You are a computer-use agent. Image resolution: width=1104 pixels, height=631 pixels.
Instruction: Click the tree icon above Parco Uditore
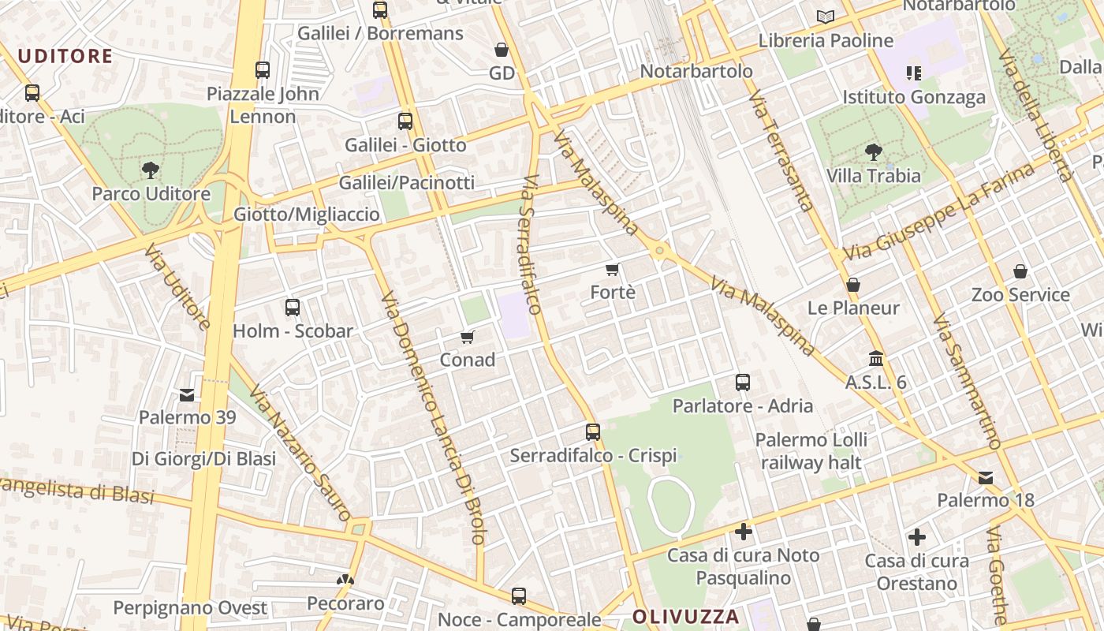coord(150,170)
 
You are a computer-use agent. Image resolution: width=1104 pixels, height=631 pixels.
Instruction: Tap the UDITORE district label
coord(65,56)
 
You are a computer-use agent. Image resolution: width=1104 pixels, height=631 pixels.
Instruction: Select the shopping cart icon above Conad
coord(468,338)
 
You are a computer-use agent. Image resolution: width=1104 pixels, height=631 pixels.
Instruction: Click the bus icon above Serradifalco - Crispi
coord(593,432)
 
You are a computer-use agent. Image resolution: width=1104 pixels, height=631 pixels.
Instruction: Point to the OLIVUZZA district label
coord(686,616)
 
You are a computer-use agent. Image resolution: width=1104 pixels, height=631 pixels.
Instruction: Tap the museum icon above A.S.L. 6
coord(875,359)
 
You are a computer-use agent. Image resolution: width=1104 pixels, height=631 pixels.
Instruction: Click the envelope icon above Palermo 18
coord(986,477)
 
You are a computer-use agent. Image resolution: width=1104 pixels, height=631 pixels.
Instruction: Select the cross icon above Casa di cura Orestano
coord(916,538)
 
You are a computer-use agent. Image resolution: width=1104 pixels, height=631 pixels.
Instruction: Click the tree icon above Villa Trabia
coord(873,152)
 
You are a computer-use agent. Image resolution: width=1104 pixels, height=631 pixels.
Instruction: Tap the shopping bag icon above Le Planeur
coord(852,285)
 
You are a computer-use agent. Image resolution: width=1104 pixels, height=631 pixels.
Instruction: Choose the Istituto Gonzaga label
coord(914,97)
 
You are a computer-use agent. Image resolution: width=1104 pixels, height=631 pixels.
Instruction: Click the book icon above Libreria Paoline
coord(826,17)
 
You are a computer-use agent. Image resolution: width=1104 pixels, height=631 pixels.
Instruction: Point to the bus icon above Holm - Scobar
coord(293,308)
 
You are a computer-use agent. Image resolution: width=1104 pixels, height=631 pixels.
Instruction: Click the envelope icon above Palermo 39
coord(187,394)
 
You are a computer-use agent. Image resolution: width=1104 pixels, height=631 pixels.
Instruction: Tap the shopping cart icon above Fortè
coord(613,269)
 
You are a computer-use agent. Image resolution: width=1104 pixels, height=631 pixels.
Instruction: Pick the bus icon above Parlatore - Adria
coord(743,383)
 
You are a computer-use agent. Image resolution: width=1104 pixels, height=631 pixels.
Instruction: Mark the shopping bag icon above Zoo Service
coord(1020,271)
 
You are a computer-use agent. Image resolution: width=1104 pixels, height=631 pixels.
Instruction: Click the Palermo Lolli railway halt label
coord(811,451)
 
